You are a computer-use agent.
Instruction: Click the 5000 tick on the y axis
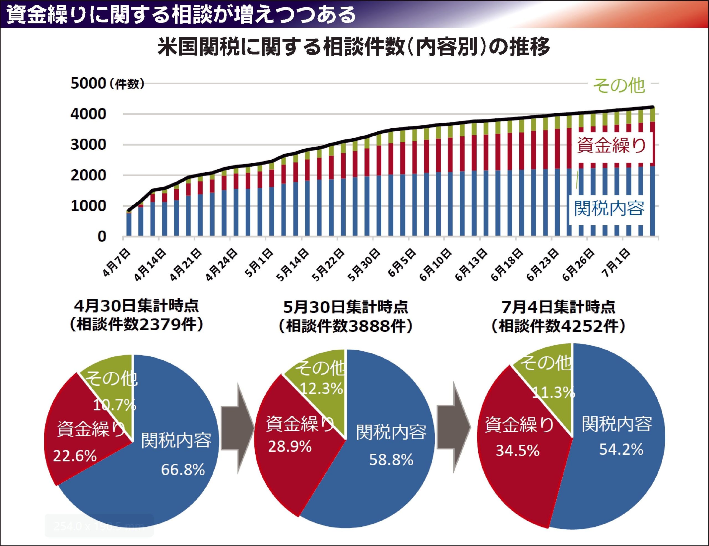click(x=88, y=83)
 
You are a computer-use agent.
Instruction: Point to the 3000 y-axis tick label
click(x=88, y=145)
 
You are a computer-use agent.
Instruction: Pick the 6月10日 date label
click(x=436, y=265)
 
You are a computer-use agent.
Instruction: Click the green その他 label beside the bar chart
click(x=619, y=86)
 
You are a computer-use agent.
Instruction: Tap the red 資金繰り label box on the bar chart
click(x=612, y=145)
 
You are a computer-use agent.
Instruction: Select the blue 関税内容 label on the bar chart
click(x=609, y=208)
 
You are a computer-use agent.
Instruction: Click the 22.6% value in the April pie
click(x=75, y=456)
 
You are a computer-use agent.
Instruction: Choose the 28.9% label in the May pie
click(x=290, y=447)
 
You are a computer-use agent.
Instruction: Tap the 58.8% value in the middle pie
click(x=391, y=460)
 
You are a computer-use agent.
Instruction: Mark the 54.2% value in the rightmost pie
click(x=621, y=450)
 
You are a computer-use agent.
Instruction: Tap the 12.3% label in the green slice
click(x=321, y=388)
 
